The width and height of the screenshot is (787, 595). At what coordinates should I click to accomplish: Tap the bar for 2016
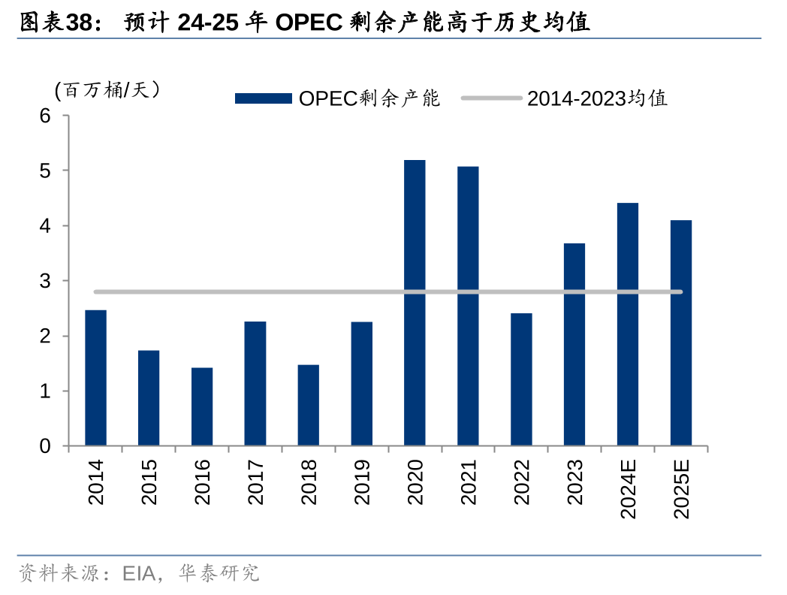point(202,406)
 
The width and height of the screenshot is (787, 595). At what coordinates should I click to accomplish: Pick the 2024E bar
point(628,324)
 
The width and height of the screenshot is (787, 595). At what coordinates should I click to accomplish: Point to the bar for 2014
point(95,378)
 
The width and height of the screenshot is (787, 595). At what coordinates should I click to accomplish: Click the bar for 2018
point(308,405)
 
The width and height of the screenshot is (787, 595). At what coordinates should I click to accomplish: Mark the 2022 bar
point(521,379)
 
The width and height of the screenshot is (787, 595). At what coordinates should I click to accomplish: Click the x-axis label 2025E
point(681,488)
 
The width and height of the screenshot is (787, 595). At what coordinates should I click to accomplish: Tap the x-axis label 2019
point(362,482)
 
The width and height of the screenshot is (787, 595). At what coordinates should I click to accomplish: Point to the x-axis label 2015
point(149,482)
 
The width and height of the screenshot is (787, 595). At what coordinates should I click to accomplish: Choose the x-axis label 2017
point(255,482)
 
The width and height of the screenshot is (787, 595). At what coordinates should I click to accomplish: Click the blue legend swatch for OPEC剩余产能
point(263,98)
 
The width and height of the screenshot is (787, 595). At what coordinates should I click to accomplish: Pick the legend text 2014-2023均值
point(597,98)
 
